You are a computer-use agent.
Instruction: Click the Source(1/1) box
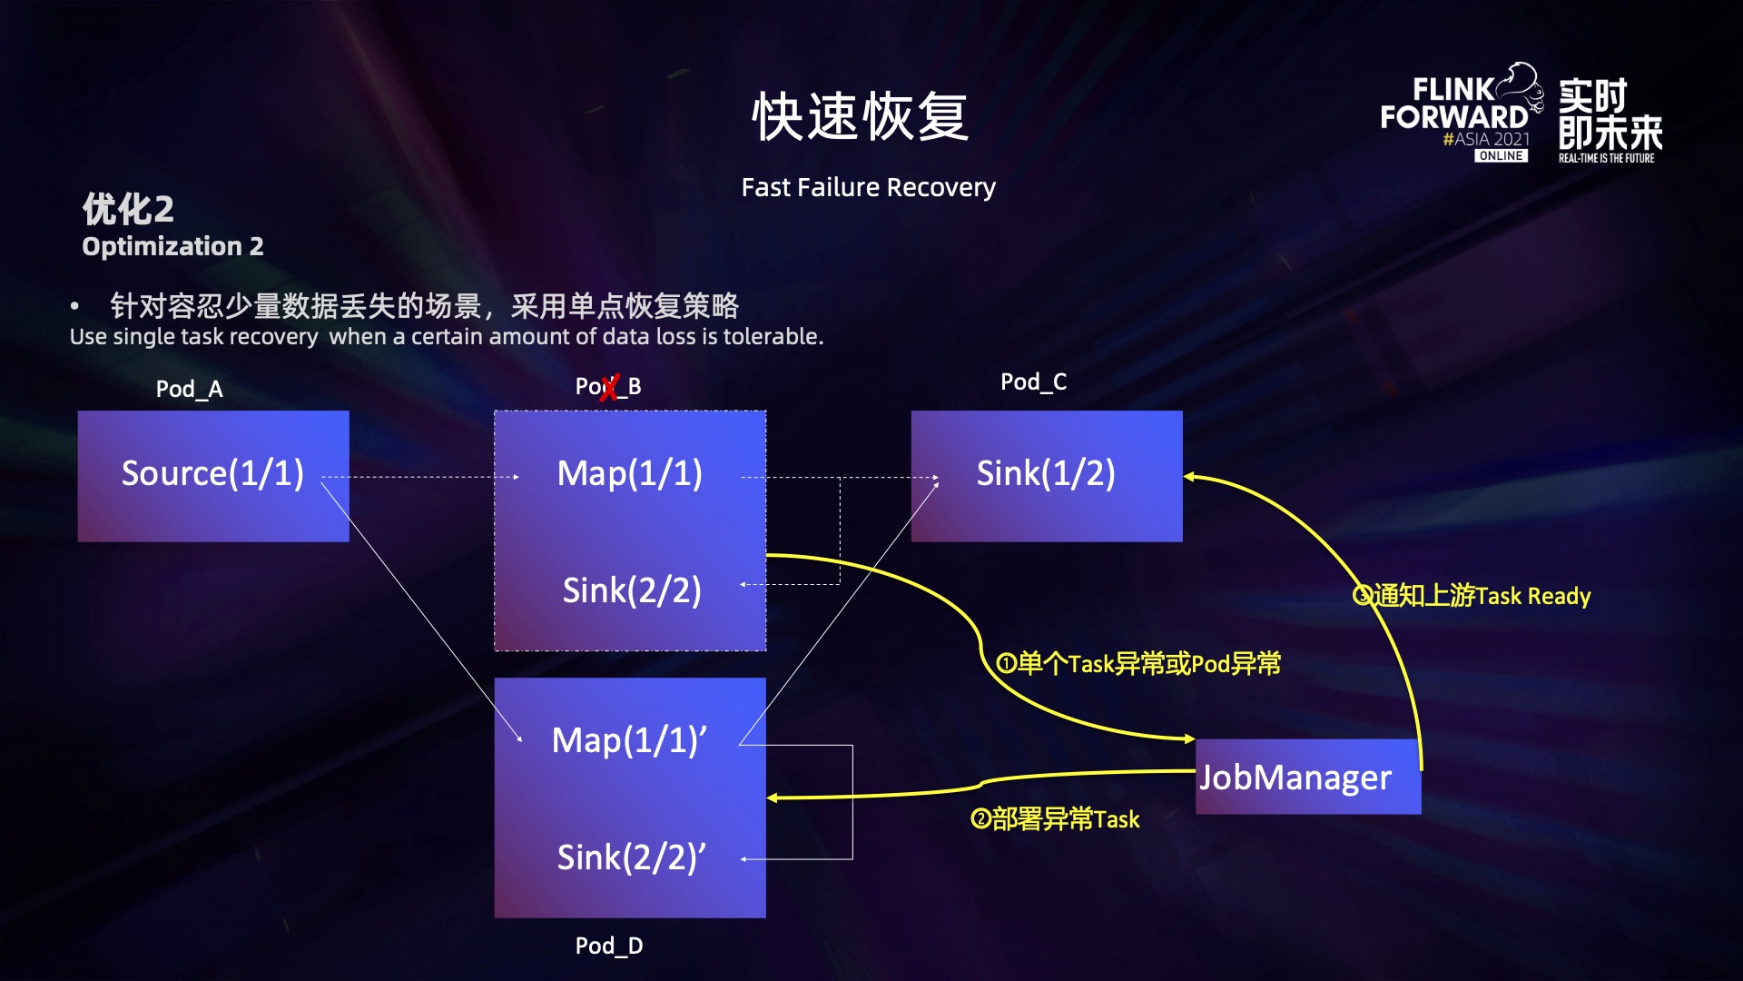[x=213, y=475]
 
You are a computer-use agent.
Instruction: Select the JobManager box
[x=1307, y=778]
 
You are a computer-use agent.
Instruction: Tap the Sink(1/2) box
[x=1046, y=475]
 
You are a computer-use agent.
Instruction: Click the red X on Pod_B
[x=609, y=388]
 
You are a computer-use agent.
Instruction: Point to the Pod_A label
[x=189, y=390]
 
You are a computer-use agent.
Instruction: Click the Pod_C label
[x=1033, y=382]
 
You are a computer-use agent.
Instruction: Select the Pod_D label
[x=609, y=946]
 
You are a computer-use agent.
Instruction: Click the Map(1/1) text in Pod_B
[x=629, y=474]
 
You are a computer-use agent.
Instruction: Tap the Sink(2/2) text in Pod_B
[x=632, y=591]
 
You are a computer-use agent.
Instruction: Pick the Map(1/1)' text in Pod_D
[x=629, y=741]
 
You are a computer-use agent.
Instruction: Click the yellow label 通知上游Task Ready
[x=1472, y=596]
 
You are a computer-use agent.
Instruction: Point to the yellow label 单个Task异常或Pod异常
[x=1139, y=664]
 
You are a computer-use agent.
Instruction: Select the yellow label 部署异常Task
[x=1055, y=819]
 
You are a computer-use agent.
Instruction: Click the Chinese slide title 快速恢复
[x=860, y=117]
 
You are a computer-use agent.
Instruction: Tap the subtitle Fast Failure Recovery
[x=868, y=188]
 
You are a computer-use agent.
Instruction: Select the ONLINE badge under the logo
[x=1501, y=156]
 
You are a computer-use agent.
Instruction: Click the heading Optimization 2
[x=172, y=247]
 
